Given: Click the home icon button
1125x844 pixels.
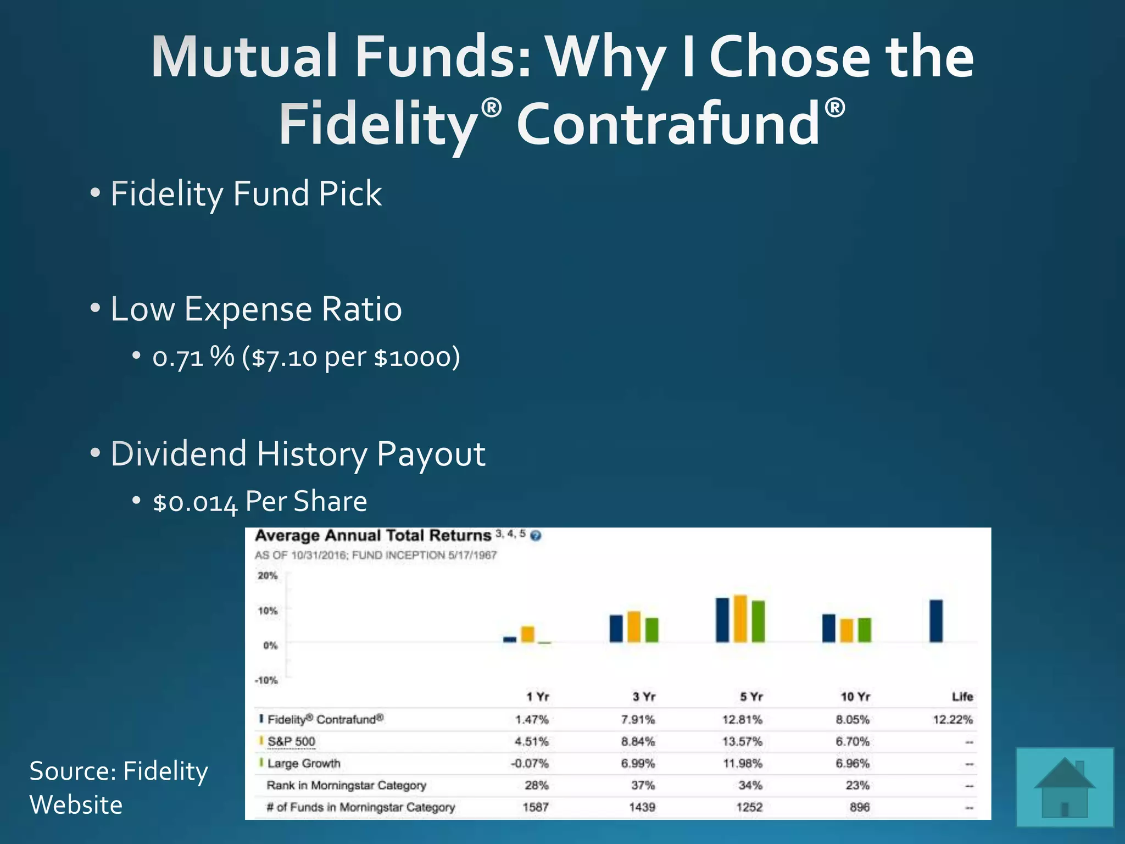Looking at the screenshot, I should tap(1065, 787).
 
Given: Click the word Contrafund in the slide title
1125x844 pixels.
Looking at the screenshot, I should tap(668, 124).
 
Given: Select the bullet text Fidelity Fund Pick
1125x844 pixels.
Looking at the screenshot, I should tap(246, 193).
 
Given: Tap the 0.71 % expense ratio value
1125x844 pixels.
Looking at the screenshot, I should tap(193, 358).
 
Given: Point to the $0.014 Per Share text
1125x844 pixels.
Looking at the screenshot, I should tap(260, 502).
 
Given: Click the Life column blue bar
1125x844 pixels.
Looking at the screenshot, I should tap(936, 621).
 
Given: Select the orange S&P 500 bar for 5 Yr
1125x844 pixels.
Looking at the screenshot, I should tap(740, 618).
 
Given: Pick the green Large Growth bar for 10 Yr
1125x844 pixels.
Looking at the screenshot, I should tap(865, 630).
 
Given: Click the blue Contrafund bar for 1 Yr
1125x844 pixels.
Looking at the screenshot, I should tap(510, 639).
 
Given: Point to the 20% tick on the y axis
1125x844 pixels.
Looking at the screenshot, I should tap(268, 576).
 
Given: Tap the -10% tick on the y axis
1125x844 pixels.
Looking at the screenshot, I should tap(266, 680).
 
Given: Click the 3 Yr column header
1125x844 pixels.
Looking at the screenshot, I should tap(644, 697).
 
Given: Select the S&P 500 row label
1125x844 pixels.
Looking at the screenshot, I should tap(291, 741).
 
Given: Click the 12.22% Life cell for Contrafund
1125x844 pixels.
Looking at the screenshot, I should tap(953, 719).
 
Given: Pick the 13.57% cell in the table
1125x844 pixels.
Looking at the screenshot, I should tap(742, 741).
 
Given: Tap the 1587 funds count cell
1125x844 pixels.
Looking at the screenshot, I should tap(535, 807).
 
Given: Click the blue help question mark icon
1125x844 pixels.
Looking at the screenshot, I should tap(536, 536).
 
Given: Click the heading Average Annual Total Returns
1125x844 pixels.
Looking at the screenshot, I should tap(373, 536).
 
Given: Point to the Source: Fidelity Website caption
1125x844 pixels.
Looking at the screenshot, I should tap(119, 787).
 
